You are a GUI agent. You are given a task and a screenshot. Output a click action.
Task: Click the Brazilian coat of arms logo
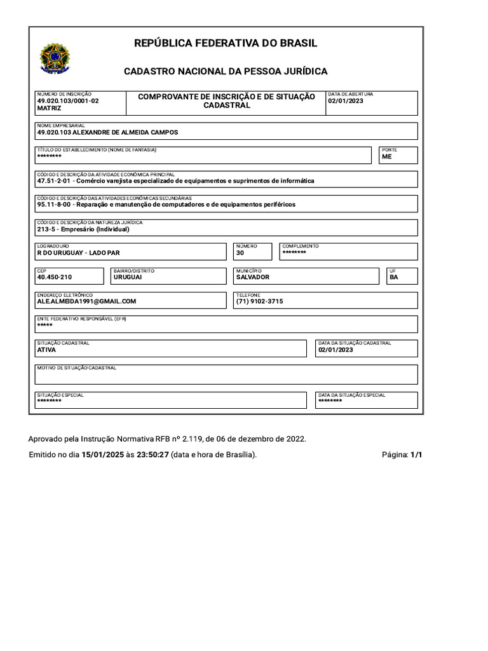[55, 58]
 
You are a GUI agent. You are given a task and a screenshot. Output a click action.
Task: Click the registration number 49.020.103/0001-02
[68, 101]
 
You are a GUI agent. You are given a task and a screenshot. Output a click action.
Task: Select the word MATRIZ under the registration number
[50, 109]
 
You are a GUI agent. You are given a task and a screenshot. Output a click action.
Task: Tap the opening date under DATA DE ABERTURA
[346, 101]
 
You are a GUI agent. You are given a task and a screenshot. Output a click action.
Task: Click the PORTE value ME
[387, 156]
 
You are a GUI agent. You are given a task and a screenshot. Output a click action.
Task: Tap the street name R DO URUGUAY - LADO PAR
[78, 253]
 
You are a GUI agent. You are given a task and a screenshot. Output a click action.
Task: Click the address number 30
[240, 253]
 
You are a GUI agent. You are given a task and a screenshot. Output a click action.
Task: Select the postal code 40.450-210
[55, 277]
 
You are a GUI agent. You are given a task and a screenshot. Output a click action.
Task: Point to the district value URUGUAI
[128, 277]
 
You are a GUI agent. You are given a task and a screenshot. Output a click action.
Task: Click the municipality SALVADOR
[253, 277]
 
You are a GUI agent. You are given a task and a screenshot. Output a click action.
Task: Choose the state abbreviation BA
[394, 277]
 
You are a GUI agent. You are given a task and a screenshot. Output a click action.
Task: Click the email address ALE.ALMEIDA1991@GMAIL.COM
[87, 301]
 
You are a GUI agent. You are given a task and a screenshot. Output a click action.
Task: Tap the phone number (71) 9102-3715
[259, 301]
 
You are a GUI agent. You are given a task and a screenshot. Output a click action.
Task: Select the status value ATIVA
[47, 350]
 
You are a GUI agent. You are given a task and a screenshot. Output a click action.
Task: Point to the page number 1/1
[416, 455]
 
